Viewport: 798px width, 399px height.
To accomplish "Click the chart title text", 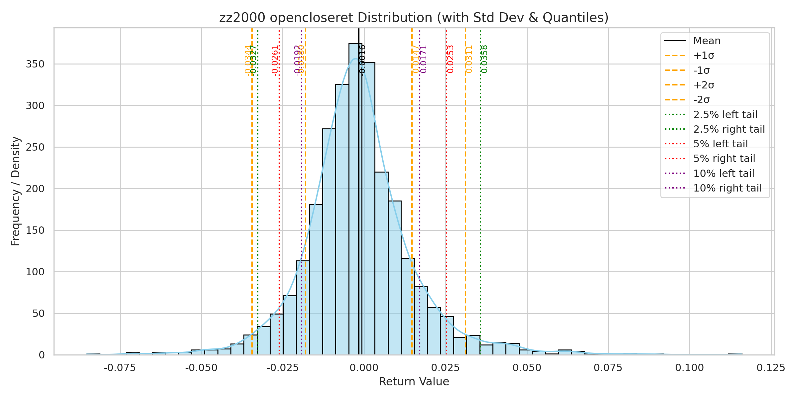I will pyautogui.click(x=414, y=18).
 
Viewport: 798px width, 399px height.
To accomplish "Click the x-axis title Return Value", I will pyautogui.click(x=414, y=381).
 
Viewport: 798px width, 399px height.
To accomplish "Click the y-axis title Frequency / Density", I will pyautogui.click(x=16, y=191).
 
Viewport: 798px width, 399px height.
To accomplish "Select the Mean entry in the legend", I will pyautogui.click(x=707, y=41).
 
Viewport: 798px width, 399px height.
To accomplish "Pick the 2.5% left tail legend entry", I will pyautogui.click(x=725, y=115).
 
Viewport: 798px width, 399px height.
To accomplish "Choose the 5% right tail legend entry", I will pyautogui.click(x=724, y=159).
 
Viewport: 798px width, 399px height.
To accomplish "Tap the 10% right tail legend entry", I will pyautogui.click(x=727, y=188).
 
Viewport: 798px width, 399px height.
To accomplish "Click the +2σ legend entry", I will pyautogui.click(x=704, y=85).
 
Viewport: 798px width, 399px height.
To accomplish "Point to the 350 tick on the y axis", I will pyautogui.click(x=35, y=64).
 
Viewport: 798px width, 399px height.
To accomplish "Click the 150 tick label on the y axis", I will pyautogui.click(x=35, y=230).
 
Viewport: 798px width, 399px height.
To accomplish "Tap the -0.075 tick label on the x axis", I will pyautogui.click(x=120, y=368).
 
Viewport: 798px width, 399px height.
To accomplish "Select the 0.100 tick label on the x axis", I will pyautogui.click(x=689, y=368).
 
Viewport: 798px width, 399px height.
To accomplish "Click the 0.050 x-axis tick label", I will pyautogui.click(x=527, y=368).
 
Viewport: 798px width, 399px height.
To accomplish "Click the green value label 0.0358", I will pyautogui.click(x=484, y=59).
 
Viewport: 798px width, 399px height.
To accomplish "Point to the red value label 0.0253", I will pyautogui.click(x=451, y=59).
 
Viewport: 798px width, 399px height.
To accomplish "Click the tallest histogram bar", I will pyautogui.click(x=355, y=199).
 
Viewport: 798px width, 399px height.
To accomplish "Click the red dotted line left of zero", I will pyautogui.click(x=279, y=199).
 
